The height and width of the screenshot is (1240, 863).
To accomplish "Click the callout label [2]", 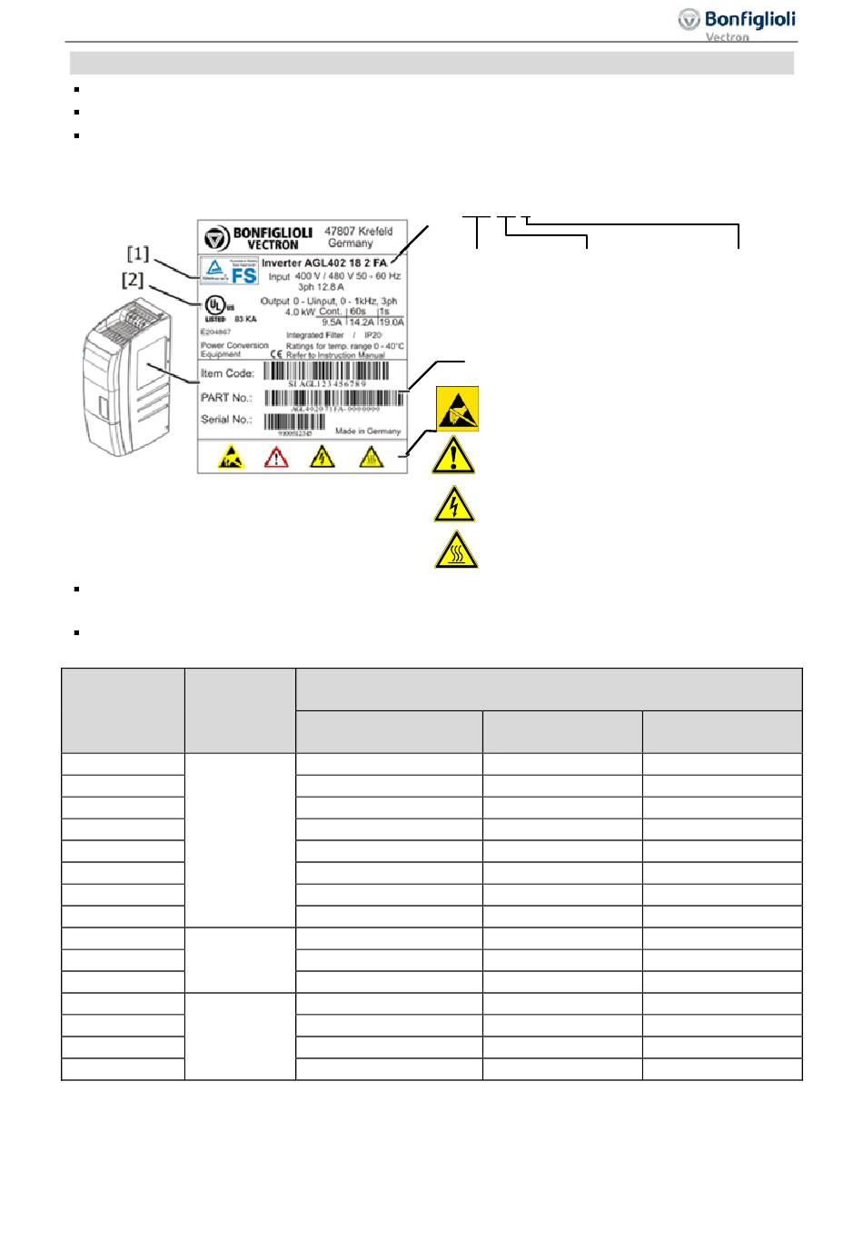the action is click(x=133, y=280).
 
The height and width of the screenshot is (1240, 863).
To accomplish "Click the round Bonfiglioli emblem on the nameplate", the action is click(x=216, y=237).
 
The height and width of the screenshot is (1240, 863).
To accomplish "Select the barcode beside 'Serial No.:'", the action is click(x=294, y=422).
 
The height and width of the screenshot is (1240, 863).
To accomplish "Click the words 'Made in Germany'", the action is click(x=368, y=432).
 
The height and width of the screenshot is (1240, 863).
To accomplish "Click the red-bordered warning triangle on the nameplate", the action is click(x=275, y=457).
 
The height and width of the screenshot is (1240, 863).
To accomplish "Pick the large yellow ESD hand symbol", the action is click(x=457, y=410).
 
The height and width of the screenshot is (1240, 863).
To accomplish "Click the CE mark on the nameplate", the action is click(x=275, y=354).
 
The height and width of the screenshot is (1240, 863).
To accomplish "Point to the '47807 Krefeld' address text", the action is click(x=359, y=231).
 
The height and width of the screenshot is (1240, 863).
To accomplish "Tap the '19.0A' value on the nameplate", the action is click(x=392, y=322).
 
